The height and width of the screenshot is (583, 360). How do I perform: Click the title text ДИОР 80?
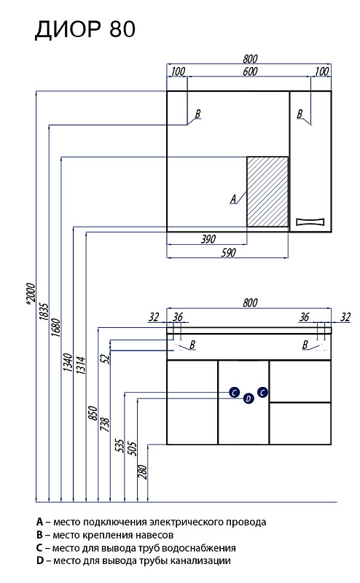(x=85, y=29)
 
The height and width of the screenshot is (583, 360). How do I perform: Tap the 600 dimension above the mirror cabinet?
(x=250, y=71)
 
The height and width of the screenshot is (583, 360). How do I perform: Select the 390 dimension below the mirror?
(x=208, y=239)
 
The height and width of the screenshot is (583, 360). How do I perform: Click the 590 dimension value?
(x=228, y=252)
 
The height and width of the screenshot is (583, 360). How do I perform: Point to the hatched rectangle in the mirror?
(x=267, y=192)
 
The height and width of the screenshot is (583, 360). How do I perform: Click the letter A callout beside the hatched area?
(x=233, y=199)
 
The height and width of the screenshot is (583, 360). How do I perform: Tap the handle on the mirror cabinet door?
(x=310, y=222)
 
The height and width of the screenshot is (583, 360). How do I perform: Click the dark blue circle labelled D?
(x=249, y=399)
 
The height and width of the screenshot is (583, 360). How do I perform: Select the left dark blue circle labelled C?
(x=235, y=392)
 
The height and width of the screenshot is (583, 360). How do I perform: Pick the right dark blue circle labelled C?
(x=262, y=392)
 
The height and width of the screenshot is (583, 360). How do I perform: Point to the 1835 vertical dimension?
(x=44, y=312)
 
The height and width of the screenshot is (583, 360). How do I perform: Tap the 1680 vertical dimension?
(x=55, y=327)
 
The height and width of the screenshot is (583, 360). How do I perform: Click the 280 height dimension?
(x=143, y=472)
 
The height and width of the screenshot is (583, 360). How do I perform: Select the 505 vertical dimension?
(x=132, y=448)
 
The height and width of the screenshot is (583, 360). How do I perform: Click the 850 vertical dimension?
(x=93, y=413)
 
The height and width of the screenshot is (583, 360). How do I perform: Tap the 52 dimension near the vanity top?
(x=105, y=359)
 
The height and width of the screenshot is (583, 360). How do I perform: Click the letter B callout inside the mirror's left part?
(x=197, y=114)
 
